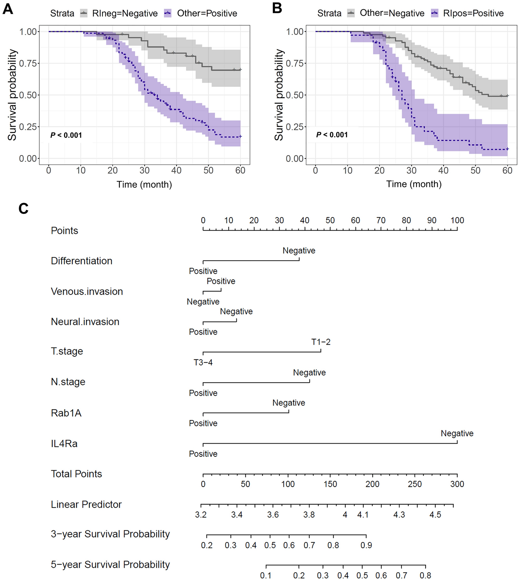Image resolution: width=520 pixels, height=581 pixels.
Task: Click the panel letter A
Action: (x=8, y=9)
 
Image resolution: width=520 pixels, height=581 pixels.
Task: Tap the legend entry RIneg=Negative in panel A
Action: (x=125, y=14)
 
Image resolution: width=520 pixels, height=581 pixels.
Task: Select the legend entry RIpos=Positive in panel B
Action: (x=473, y=13)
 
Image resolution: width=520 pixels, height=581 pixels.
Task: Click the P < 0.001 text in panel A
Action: (x=66, y=135)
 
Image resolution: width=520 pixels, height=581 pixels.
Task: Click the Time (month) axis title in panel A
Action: (x=144, y=184)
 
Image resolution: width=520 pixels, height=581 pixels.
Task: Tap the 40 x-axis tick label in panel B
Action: (x=443, y=170)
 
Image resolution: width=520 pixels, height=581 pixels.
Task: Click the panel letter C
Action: (x=24, y=209)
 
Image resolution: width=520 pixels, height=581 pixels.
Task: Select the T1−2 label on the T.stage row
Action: (x=321, y=342)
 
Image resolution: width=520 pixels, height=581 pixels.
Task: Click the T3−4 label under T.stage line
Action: (x=203, y=363)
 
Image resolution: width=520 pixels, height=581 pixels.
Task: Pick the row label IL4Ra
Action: (x=64, y=444)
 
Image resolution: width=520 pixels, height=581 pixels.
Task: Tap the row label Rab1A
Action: (x=66, y=413)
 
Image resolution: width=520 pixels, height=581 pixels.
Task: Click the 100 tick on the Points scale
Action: (x=457, y=221)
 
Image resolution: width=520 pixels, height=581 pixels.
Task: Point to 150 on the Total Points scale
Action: (x=330, y=484)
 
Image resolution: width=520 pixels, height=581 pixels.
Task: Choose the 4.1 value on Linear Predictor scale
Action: (x=363, y=515)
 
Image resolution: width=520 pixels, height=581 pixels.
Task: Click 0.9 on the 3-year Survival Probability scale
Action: (x=366, y=545)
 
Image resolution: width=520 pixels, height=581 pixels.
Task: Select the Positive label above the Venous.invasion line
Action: (x=221, y=281)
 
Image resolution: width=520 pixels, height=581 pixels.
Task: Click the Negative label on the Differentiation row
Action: (x=299, y=251)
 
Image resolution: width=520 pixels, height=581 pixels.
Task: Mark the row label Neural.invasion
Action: (x=85, y=322)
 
